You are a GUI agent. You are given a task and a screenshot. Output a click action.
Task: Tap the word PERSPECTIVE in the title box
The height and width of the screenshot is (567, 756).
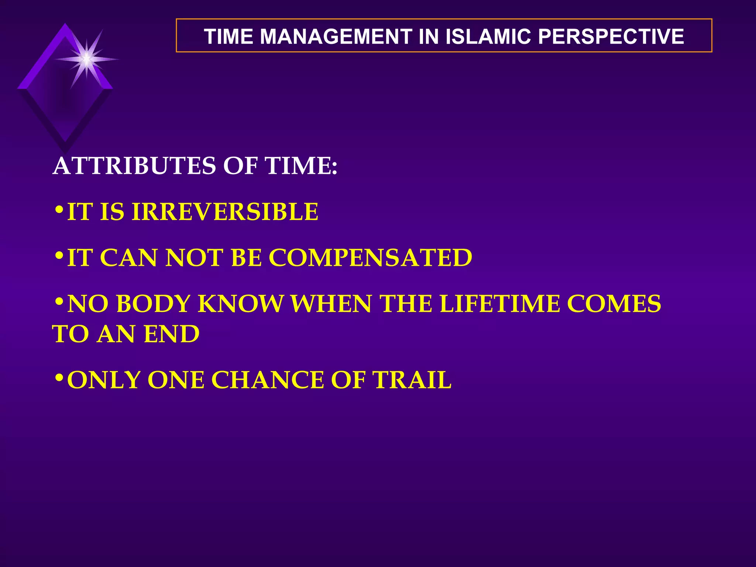(x=611, y=37)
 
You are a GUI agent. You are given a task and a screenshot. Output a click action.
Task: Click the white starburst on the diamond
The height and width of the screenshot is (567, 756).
(x=86, y=59)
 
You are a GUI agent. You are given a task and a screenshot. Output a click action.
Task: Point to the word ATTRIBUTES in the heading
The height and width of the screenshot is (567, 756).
(x=134, y=166)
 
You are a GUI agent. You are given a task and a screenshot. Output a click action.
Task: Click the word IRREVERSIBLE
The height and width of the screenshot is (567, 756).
(x=225, y=212)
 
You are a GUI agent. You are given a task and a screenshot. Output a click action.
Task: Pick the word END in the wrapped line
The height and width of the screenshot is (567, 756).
(x=172, y=334)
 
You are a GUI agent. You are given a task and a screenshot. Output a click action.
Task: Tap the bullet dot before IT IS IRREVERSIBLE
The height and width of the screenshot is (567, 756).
(x=59, y=210)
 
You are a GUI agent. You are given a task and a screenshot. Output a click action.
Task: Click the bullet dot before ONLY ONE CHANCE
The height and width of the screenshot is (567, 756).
(x=59, y=378)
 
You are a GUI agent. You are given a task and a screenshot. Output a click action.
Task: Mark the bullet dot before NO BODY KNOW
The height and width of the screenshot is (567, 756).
(x=59, y=302)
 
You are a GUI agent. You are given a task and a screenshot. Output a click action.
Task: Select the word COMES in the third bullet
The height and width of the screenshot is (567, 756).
(x=614, y=304)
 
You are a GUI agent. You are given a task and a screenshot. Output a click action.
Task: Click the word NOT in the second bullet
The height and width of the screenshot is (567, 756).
(x=195, y=258)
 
